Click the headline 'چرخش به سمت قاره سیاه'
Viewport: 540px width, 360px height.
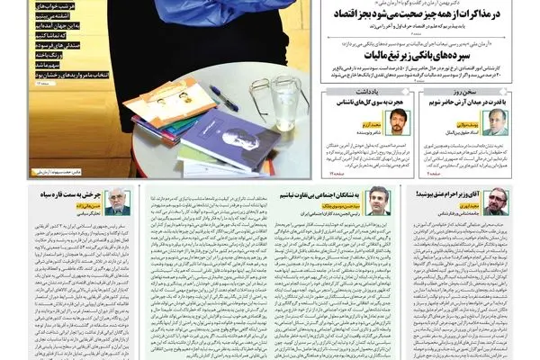click(71, 192)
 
